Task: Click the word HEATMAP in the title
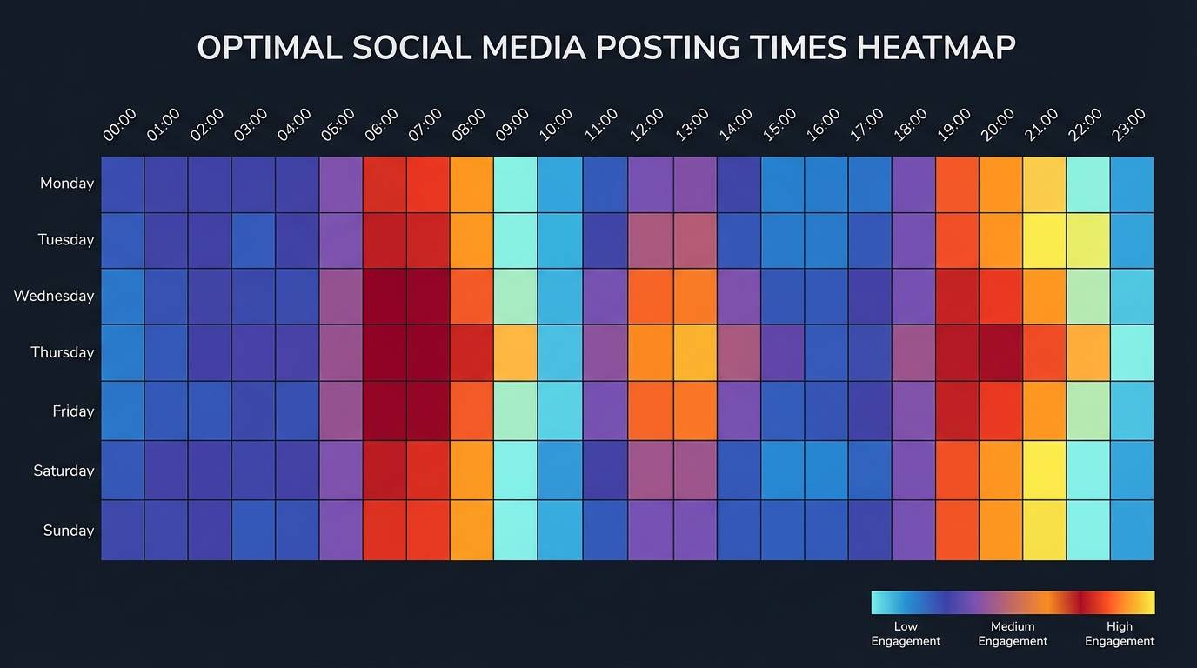935,48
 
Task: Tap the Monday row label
67,184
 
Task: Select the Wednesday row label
54,296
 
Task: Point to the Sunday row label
69,531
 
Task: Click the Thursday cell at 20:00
1000,353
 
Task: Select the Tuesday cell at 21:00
1044,241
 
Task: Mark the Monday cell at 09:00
515,184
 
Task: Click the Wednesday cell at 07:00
428,297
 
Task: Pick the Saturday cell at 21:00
1044,471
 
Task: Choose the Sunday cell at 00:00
123,531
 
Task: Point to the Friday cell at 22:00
1088,411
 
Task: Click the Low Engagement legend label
906,633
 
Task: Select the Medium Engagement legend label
1013,633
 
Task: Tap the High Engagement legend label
1120,633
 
